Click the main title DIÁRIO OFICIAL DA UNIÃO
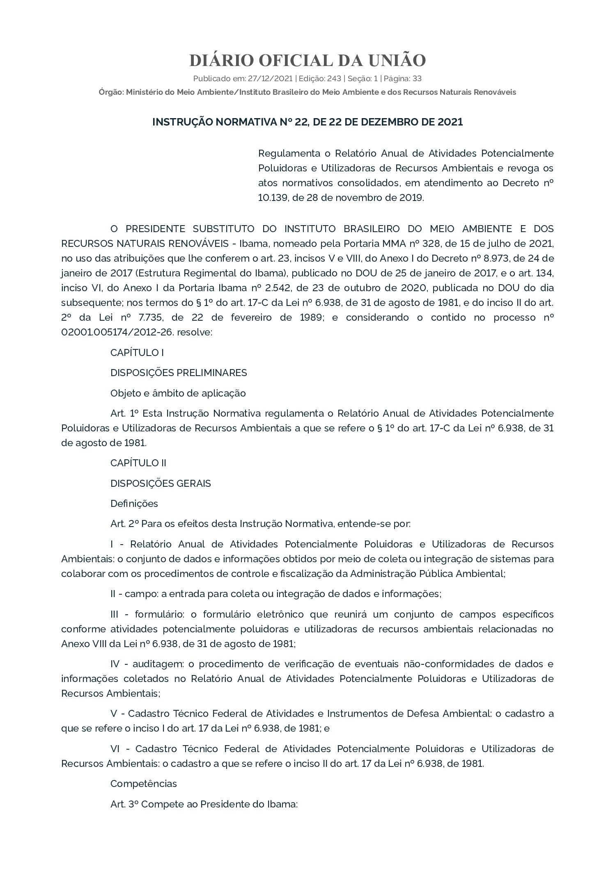coord(307,60)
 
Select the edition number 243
coord(334,78)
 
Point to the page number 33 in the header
coord(417,78)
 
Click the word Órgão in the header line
coord(110,92)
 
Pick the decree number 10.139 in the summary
coord(271,198)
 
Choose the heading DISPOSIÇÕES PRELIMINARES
coord(179,373)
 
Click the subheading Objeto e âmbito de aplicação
coord(178,393)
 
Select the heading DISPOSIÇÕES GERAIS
coord(161,484)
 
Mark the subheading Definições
coord(134,504)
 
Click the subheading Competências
coord(143,784)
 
